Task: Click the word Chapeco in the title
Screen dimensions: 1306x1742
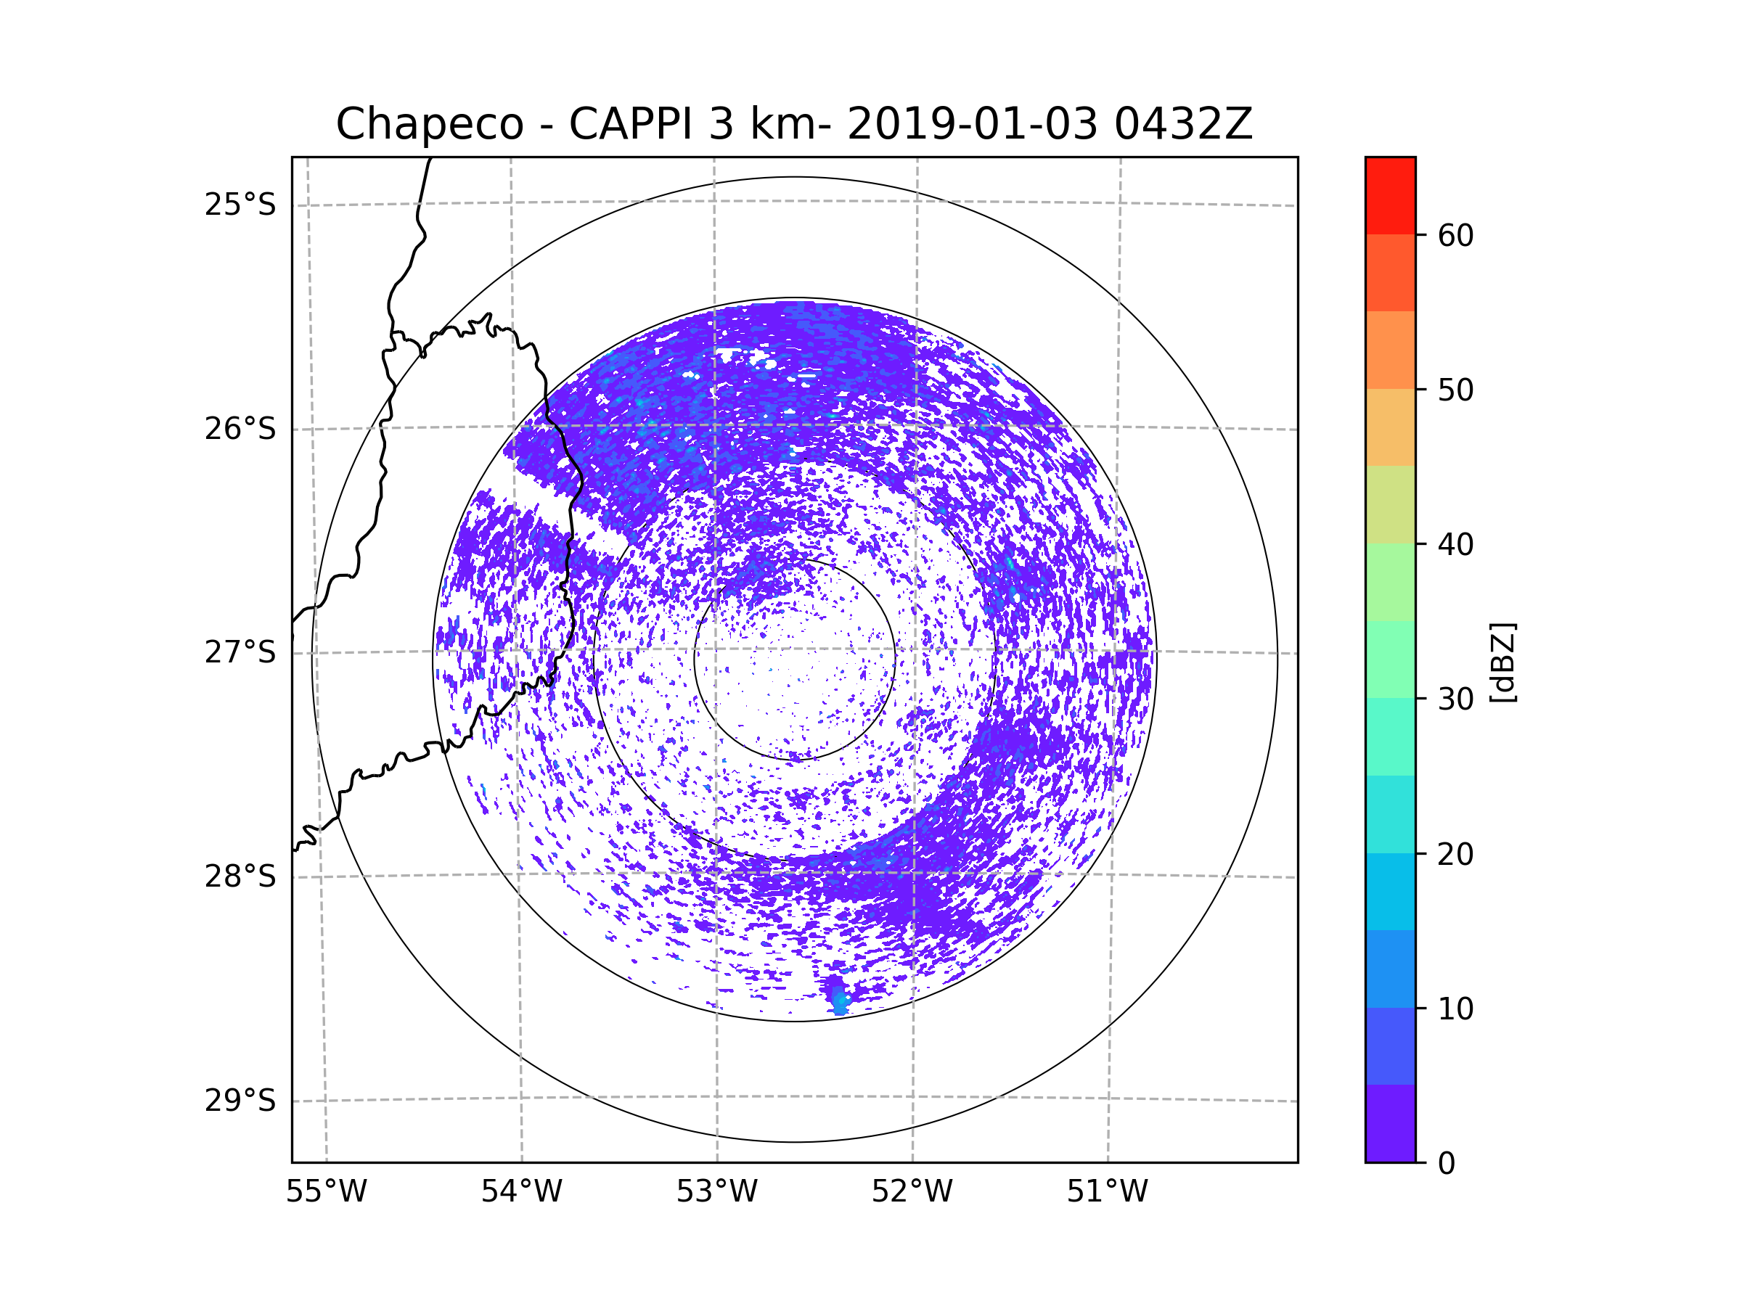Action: click(x=429, y=124)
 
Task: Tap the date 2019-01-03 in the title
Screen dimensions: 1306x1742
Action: click(x=972, y=124)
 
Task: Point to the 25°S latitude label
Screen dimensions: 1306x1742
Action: click(x=240, y=205)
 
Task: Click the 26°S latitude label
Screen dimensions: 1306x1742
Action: click(x=240, y=429)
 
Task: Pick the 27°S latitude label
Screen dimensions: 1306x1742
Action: click(x=240, y=652)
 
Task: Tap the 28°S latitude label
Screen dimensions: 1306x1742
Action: click(x=240, y=876)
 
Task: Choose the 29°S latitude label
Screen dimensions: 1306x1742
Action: click(x=240, y=1101)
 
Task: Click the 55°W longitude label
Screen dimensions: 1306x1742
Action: click(x=326, y=1192)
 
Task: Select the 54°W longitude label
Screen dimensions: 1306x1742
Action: click(x=521, y=1192)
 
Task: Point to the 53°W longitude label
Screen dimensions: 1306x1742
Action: click(x=716, y=1192)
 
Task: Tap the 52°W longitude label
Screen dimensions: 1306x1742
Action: click(x=912, y=1192)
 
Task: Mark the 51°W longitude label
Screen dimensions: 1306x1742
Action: click(x=1107, y=1192)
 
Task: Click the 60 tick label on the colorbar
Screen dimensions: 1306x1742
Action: click(x=1455, y=235)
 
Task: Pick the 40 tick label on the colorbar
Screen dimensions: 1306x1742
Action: click(x=1455, y=545)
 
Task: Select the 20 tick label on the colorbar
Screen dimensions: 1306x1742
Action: click(x=1455, y=854)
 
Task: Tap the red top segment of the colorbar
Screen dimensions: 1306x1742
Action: click(x=1390, y=195)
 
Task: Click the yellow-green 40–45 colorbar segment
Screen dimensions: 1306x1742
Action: click(x=1390, y=504)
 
